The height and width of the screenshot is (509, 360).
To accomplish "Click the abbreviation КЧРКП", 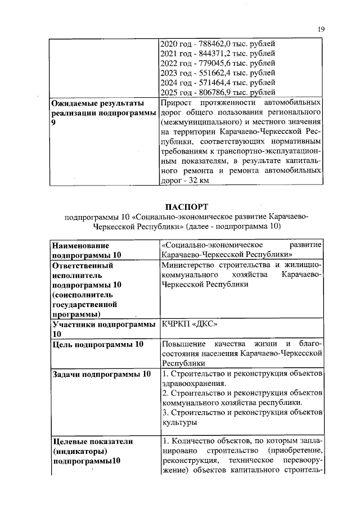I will (176, 325).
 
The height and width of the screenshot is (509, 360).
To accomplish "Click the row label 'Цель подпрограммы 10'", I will (98, 344).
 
